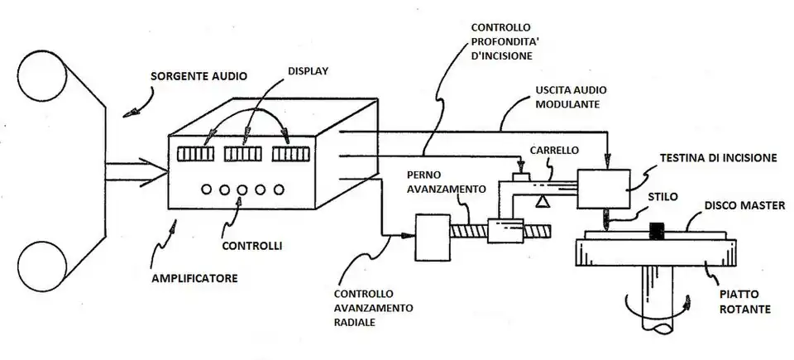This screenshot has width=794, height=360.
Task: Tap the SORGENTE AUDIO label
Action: pyautogui.click(x=198, y=76)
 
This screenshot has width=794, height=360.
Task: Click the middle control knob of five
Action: pyautogui.click(x=242, y=190)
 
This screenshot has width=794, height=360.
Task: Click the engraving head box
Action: pyautogui.click(x=603, y=190)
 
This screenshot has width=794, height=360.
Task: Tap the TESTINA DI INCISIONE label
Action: pyautogui.click(x=718, y=156)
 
